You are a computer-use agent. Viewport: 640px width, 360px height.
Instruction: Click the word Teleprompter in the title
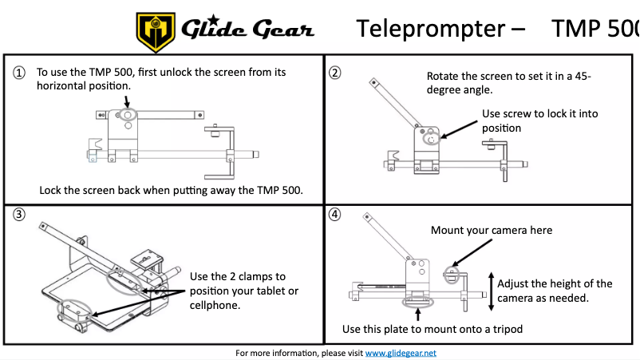(429, 29)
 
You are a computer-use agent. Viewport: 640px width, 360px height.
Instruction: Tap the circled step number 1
(18, 73)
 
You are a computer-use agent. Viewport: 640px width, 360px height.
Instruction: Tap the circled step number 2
(335, 73)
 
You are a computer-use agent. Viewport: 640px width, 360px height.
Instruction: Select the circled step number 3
(18, 214)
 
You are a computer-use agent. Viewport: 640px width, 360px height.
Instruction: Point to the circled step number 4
(335, 214)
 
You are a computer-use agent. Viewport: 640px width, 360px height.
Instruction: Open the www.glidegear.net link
(401, 353)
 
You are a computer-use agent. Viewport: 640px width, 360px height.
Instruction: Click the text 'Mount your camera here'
(491, 231)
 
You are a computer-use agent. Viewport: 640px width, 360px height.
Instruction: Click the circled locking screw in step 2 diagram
(431, 138)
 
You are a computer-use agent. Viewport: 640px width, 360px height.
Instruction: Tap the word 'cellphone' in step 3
(215, 305)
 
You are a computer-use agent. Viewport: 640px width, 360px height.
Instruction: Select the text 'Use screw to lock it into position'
(539, 121)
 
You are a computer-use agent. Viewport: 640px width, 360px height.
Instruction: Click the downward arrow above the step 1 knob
(126, 99)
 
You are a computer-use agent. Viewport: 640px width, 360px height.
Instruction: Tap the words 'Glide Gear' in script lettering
(247, 30)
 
